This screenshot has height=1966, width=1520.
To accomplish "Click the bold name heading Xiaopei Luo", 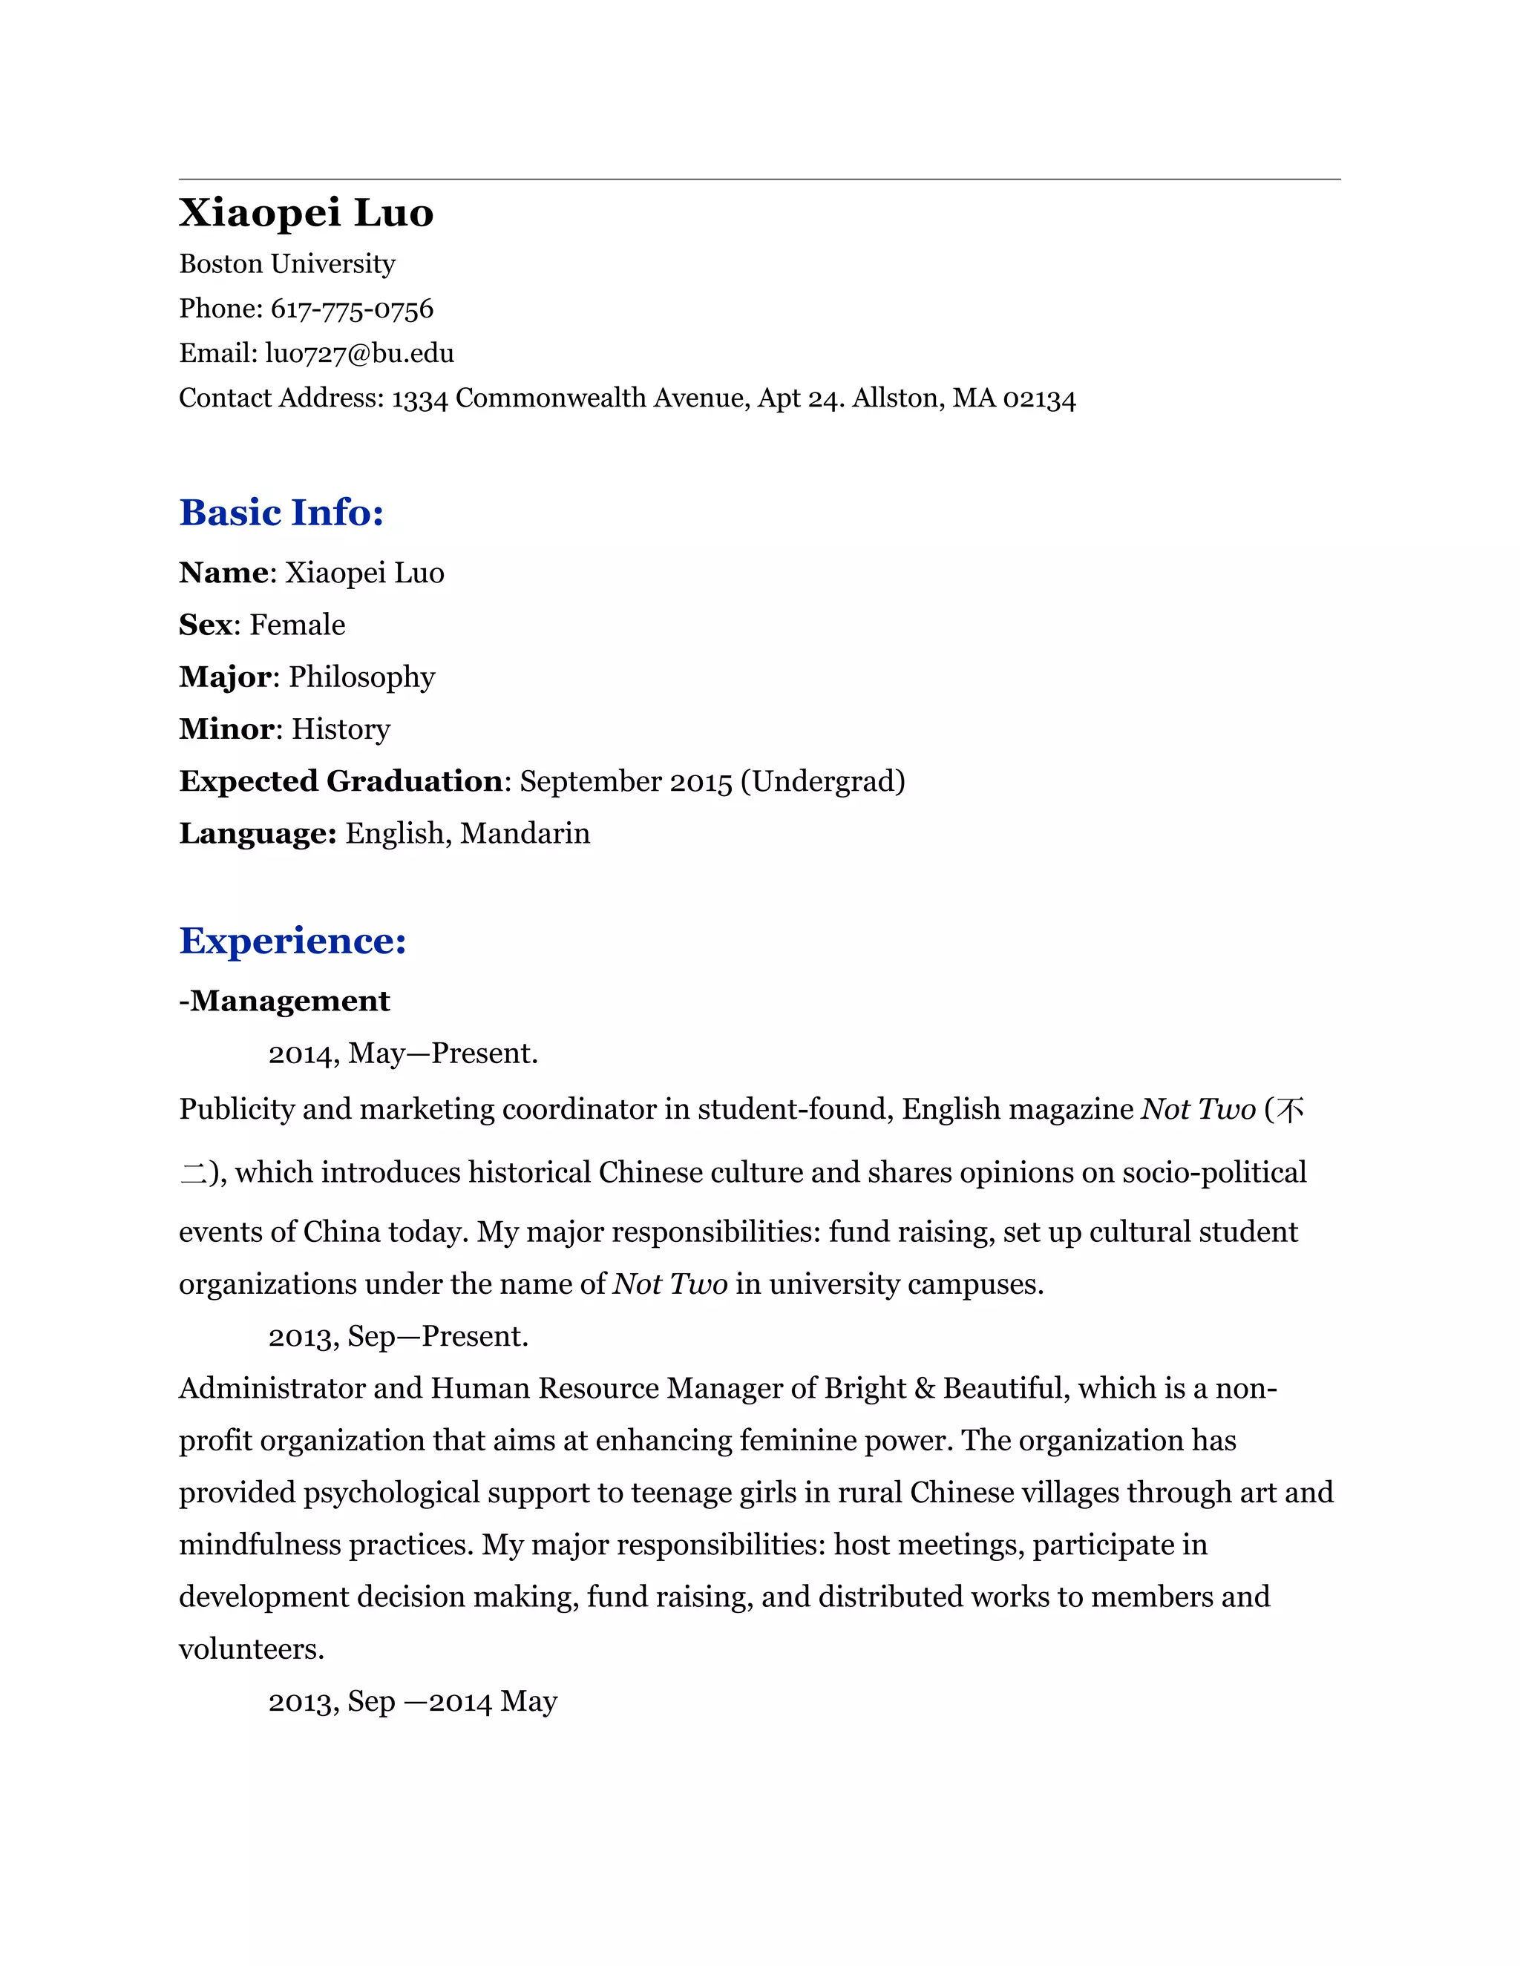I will [x=307, y=214].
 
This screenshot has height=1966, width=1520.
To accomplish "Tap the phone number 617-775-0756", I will [x=351, y=309].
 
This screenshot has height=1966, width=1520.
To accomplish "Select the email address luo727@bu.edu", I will [x=359, y=353].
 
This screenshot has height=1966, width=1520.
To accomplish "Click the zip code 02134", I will [x=1039, y=398].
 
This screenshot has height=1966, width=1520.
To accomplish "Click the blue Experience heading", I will [x=292, y=941].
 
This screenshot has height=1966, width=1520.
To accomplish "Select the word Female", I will [x=297, y=625].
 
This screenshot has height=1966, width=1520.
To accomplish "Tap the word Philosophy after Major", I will [x=361, y=677].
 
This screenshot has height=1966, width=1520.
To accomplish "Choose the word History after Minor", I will [x=341, y=729].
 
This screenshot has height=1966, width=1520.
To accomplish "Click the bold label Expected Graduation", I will [x=341, y=781].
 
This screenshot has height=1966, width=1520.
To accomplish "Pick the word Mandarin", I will [x=525, y=834].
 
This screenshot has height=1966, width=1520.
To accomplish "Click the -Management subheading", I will [x=284, y=1001].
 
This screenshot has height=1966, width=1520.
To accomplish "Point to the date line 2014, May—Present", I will [x=402, y=1053].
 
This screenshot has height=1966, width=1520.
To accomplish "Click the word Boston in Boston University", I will [x=221, y=264].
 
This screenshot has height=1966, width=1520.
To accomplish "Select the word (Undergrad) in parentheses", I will [x=822, y=781].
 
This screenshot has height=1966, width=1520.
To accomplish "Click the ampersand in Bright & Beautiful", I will [x=924, y=1389].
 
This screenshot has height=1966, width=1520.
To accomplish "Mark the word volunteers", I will [x=252, y=1649].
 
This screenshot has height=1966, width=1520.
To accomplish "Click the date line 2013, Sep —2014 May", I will [x=413, y=1701].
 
